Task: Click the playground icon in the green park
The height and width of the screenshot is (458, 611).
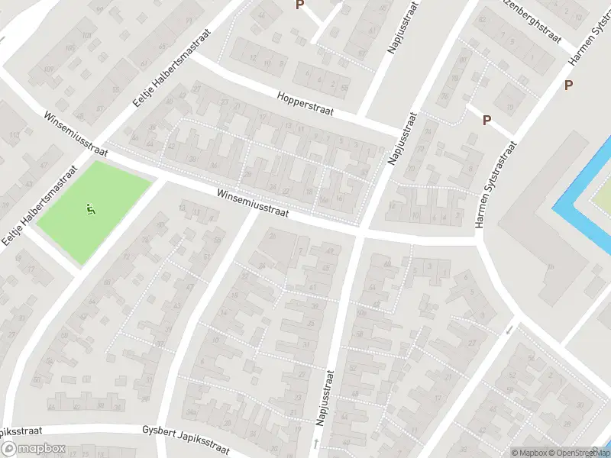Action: pos(90,207)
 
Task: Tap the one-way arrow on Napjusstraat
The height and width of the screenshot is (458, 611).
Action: pos(316,443)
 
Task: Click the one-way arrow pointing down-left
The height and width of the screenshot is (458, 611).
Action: pos(510,330)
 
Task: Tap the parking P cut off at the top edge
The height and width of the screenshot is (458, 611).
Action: pos(300,5)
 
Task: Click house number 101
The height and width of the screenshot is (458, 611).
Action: pos(86,36)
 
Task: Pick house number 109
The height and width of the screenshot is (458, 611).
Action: pos(49,71)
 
